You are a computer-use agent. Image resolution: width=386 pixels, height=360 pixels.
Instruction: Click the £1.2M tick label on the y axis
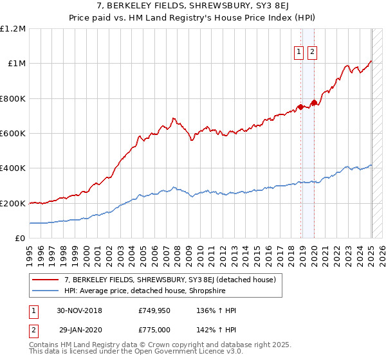click(x=13, y=28)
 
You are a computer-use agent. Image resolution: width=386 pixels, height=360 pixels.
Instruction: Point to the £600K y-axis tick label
click(x=13, y=133)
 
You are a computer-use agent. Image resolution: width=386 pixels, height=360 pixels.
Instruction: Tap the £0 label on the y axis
click(x=20, y=238)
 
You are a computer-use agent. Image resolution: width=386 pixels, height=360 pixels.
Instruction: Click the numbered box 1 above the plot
click(x=300, y=53)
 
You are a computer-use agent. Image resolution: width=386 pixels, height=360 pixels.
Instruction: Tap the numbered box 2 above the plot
click(x=313, y=53)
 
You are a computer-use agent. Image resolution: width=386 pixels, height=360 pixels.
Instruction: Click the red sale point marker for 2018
click(x=300, y=107)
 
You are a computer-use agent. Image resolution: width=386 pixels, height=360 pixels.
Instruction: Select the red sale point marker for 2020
click(x=314, y=103)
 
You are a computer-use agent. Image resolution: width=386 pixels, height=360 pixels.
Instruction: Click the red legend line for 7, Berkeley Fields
click(x=45, y=280)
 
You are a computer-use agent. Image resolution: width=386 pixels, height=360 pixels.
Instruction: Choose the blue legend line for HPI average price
click(x=45, y=291)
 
